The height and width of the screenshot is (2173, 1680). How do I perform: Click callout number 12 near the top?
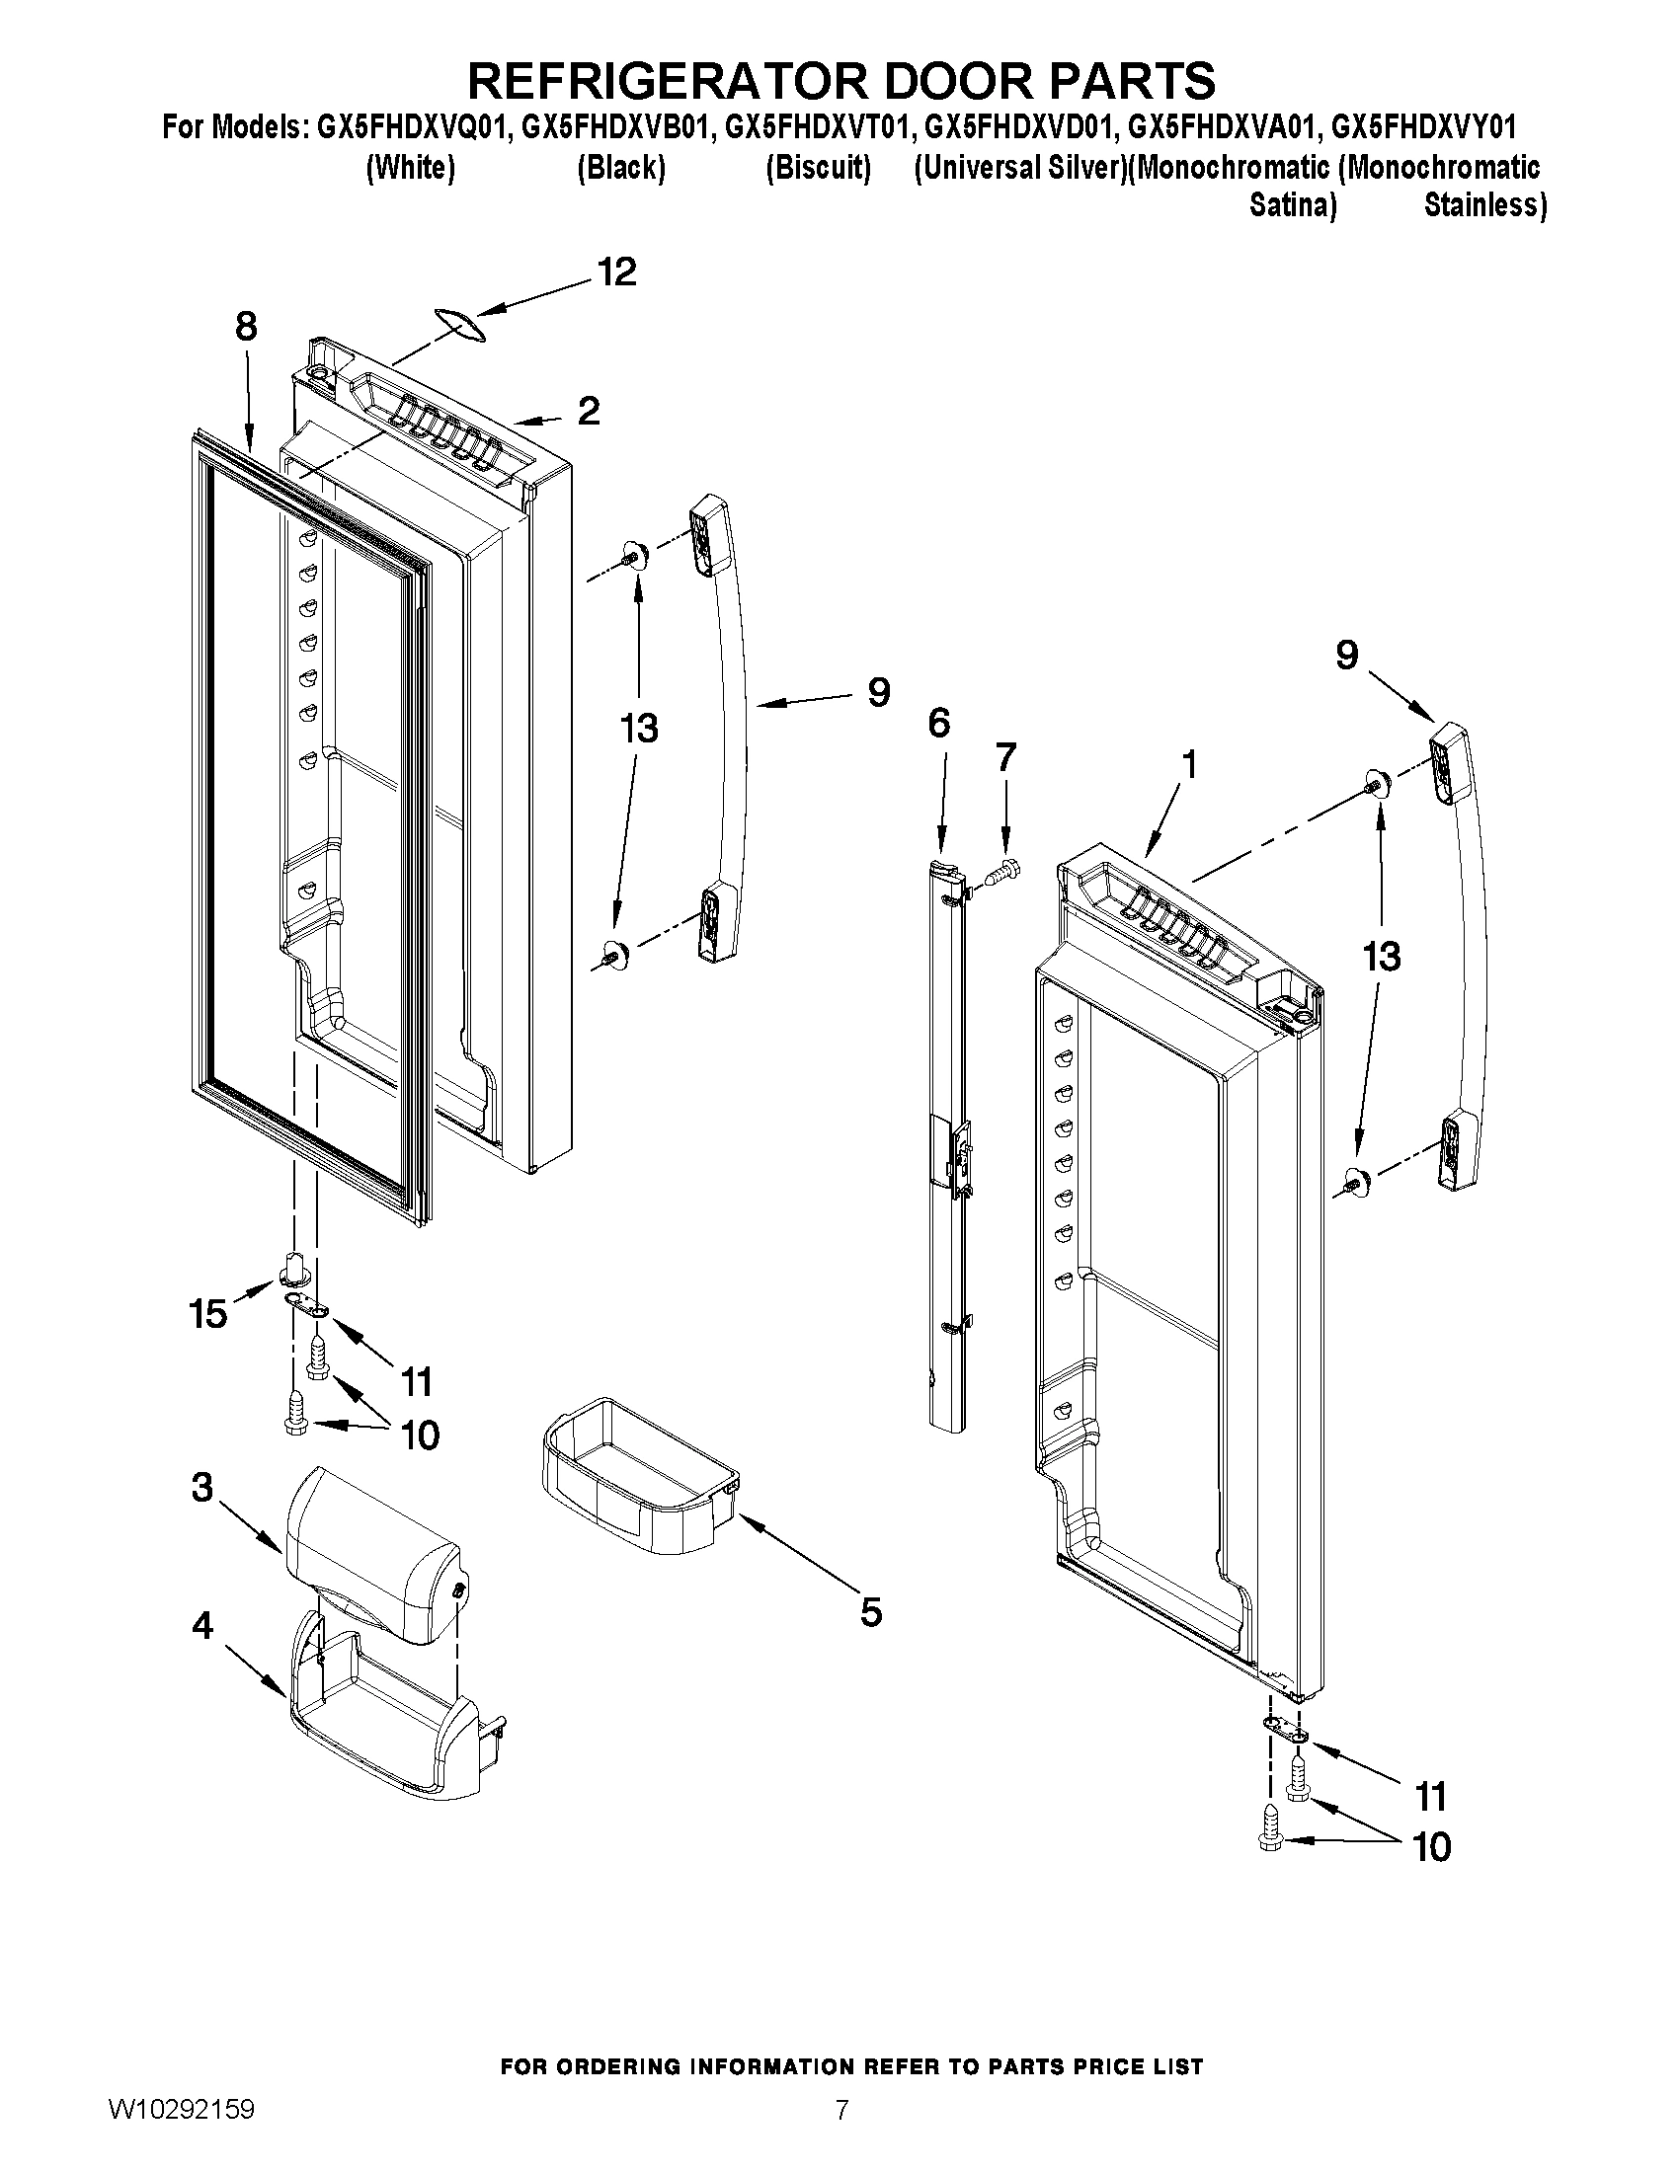coord(616,272)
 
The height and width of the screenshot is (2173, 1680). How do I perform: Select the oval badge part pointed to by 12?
coord(459,325)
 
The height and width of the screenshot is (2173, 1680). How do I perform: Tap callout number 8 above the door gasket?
coord(246,327)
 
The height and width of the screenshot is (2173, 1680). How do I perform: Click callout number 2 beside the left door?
coord(589,411)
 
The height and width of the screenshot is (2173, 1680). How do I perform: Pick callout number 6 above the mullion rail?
coord(938,724)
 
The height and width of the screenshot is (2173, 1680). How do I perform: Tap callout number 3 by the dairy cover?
coord(202,1515)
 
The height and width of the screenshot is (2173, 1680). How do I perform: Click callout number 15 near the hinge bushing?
coord(208,1314)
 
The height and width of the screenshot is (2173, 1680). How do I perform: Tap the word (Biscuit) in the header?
coord(818,168)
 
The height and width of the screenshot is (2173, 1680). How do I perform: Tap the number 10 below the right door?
coord(1431,1847)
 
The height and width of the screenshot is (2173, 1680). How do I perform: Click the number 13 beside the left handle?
coord(638,729)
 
